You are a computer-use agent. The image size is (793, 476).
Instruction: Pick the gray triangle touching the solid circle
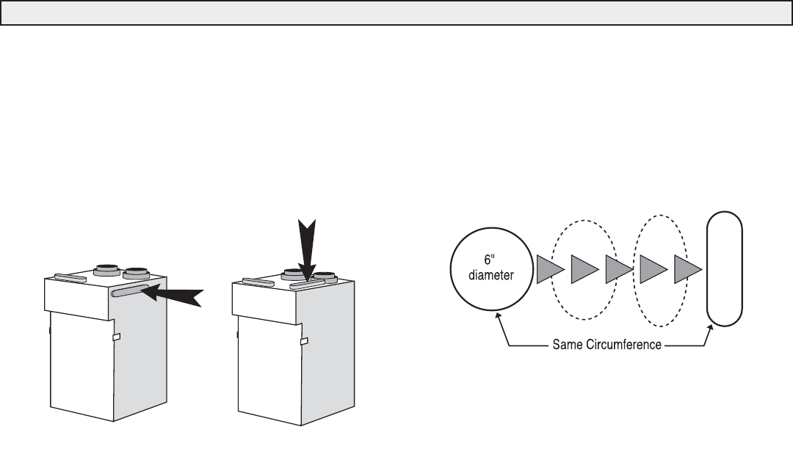pyautogui.click(x=549, y=268)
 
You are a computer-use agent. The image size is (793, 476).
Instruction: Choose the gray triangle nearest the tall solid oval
pyautogui.click(x=688, y=268)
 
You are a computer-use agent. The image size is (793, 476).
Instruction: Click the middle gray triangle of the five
pyautogui.click(x=618, y=268)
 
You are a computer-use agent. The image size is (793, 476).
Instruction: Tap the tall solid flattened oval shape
pyautogui.click(x=724, y=268)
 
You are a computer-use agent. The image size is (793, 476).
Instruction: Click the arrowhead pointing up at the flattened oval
pyautogui.click(x=711, y=329)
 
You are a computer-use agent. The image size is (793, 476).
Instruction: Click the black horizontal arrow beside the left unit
pyautogui.click(x=172, y=295)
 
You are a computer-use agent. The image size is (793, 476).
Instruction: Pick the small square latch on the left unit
pyautogui.click(x=115, y=337)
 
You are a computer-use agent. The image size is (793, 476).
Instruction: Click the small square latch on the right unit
pyautogui.click(x=303, y=340)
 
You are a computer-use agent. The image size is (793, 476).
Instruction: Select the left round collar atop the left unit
pyautogui.click(x=106, y=268)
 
